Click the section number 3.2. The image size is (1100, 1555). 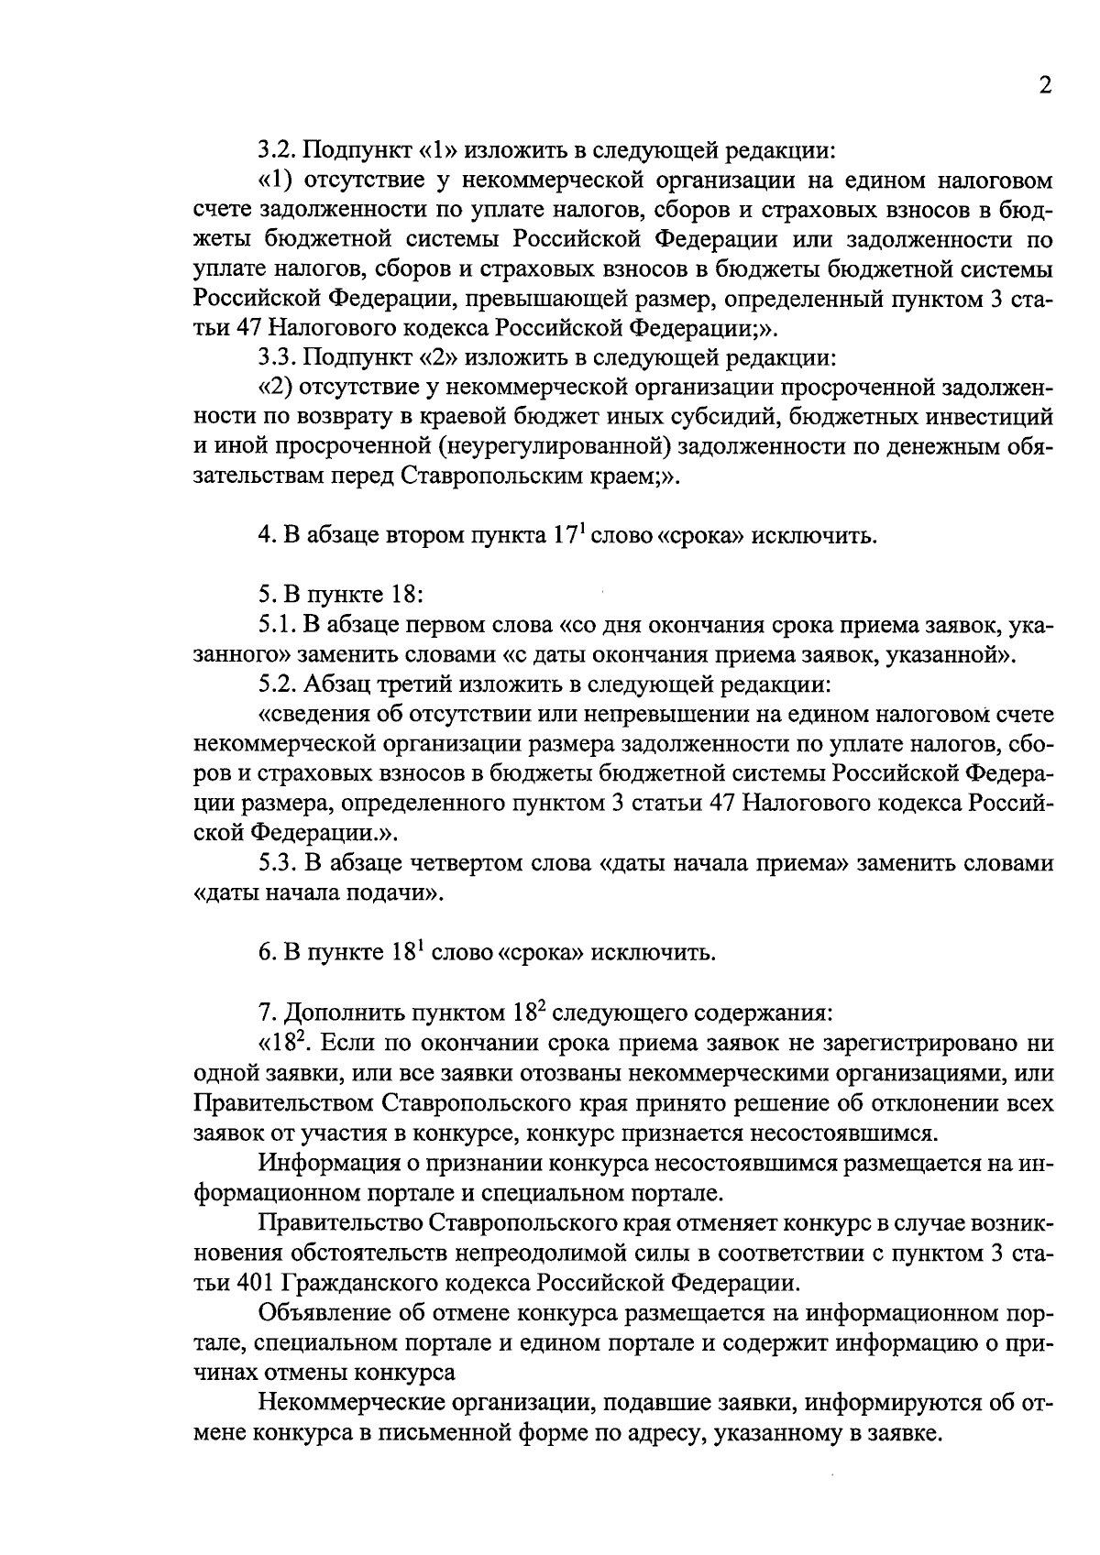pyautogui.click(x=276, y=148)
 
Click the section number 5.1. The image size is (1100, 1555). pyautogui.click(x=276, y=625)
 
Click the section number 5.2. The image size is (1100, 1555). pyautogui.click(x=276, y=684)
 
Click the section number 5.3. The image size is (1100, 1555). pyautogui.click(x=276, y=863)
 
